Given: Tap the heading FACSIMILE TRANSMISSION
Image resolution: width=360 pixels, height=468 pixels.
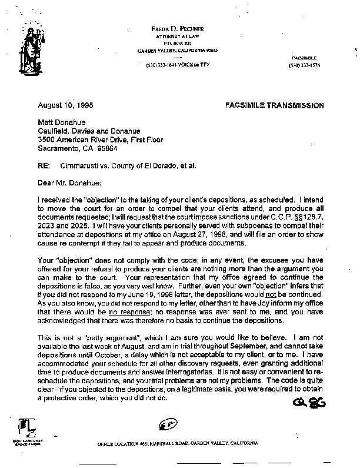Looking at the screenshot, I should [x=275, y=105].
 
